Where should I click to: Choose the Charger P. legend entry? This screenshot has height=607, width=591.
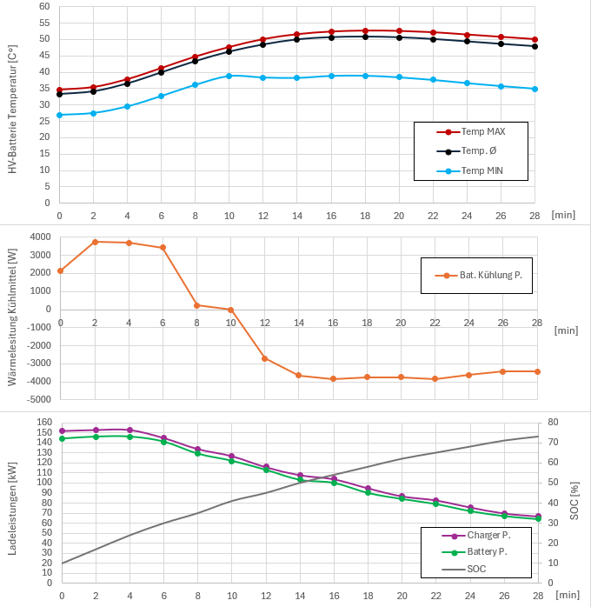point(488,536)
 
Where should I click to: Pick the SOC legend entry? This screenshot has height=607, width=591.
point(476,569)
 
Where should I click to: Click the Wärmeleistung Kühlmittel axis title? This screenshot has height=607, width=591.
point(12,317)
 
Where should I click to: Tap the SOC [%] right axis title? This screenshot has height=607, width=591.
point(574,502)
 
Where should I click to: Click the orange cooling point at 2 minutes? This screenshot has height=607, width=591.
point(95,242)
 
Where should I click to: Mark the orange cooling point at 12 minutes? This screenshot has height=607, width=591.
point(264,358)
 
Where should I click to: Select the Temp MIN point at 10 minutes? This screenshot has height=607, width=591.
point(229,76)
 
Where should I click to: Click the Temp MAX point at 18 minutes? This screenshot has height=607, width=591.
point(365,30)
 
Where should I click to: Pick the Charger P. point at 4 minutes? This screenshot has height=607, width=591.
point(129,430)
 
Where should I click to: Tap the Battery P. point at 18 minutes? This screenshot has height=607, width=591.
point(368,492)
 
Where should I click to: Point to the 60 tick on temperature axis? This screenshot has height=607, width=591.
point(43,6)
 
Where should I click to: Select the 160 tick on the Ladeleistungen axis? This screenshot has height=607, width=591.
point(43,422)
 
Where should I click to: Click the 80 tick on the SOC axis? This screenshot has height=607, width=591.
point(553,422)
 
